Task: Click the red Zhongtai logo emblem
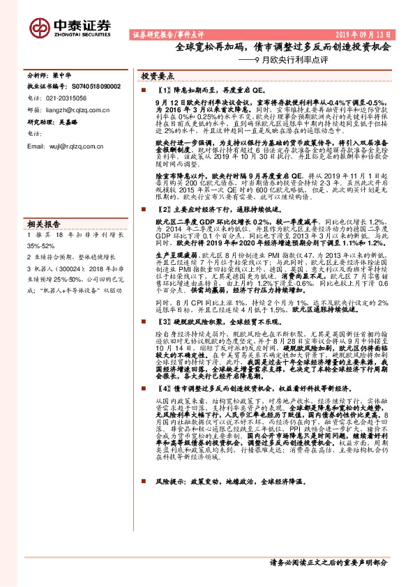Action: point(37,24)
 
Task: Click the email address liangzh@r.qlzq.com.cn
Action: point(72,109)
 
